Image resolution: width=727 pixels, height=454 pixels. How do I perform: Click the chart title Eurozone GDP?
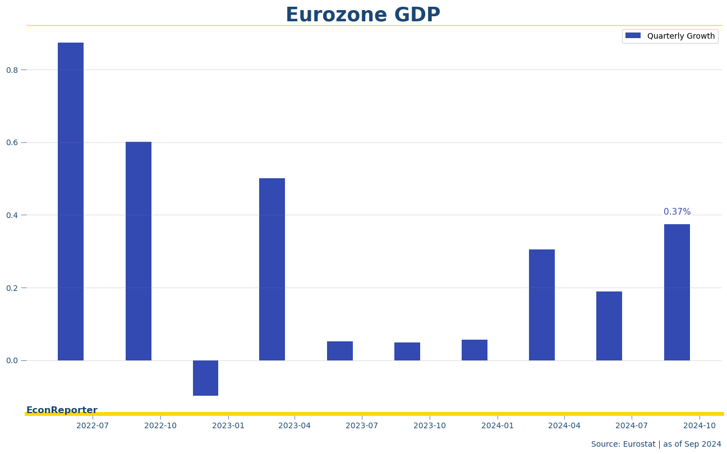point(363,15)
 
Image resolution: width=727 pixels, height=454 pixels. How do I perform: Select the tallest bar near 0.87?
point(71,202)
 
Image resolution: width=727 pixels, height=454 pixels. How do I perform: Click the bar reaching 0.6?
point(139,251)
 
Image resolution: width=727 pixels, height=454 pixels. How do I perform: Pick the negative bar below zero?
point(205,378)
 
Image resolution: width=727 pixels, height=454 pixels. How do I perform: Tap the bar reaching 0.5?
point(272,269)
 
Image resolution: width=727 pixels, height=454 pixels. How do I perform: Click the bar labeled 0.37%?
point(677,292)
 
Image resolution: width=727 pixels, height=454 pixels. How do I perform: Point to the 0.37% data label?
point(677,212)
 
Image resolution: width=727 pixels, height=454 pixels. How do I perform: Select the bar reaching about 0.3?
point(542,305)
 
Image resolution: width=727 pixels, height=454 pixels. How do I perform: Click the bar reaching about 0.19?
point(609,326)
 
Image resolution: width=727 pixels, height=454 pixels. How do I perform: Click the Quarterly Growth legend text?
point(681,36)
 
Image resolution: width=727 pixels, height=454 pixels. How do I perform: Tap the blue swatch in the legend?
point(633,36)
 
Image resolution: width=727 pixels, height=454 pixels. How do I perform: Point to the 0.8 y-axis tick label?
point(12,70)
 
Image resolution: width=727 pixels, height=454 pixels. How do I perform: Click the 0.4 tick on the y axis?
point(12,215)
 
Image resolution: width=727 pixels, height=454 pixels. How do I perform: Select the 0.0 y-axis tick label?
point(12,360)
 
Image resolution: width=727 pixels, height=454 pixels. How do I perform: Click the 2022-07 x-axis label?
point(93,426)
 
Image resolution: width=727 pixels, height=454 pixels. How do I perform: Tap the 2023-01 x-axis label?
point(228,426)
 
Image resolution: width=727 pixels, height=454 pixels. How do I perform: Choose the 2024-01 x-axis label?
point(498,426)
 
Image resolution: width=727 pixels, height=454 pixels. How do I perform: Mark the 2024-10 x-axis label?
point(700,426)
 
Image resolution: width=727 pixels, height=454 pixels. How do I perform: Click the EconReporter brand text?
point(62,410)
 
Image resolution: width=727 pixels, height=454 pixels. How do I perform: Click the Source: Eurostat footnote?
point(656,444)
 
